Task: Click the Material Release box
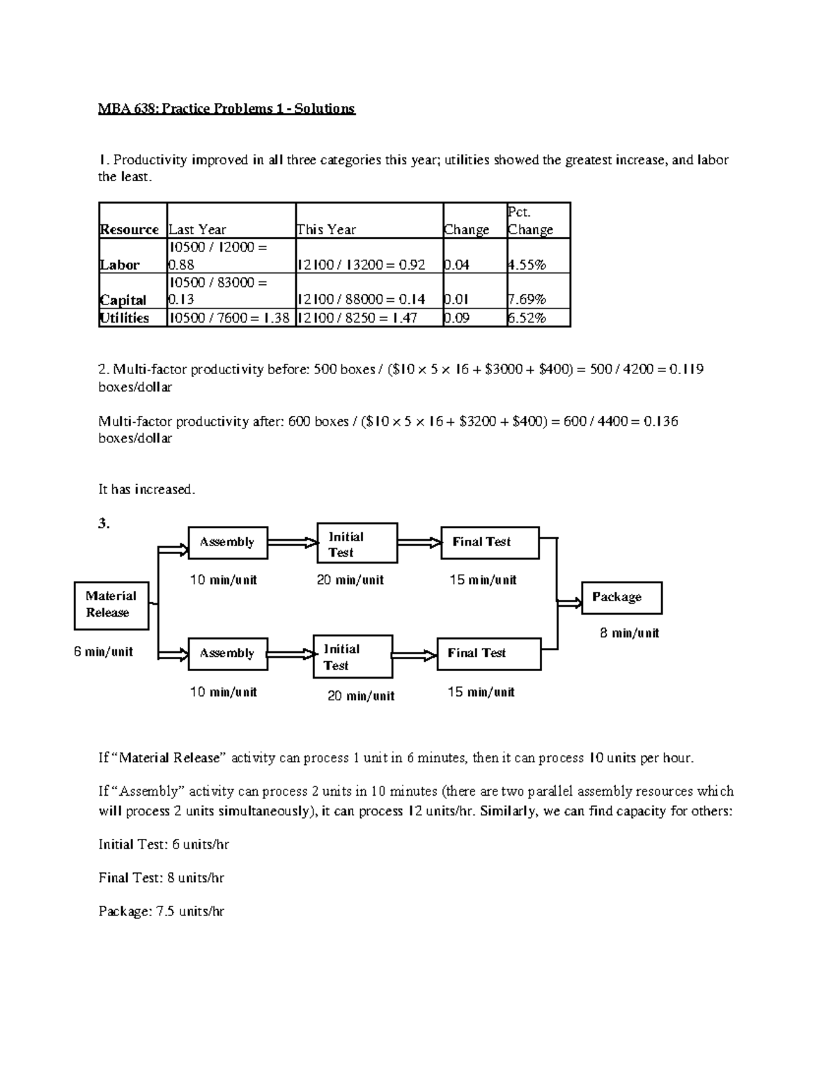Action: click(111, 605)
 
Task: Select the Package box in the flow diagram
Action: click(621, 598)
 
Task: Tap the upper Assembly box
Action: click(228, 543)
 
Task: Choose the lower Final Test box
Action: click(489, 654)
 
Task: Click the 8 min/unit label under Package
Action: click(629, 633)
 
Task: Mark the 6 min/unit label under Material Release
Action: click(103, 652)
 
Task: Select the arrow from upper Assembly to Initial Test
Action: click(293, 542)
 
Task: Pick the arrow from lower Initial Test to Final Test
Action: click(415, 655)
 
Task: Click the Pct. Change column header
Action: click(538, 221)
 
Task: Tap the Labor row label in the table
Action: click(120, 265)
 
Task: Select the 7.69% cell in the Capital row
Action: click(527, 300)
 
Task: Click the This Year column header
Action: click(327, 229)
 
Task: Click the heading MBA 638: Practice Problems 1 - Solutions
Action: click(226, 109)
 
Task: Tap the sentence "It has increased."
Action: click(147, 490)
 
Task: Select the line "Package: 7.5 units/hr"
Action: click(161, 911)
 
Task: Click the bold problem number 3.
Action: click(104, 524)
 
